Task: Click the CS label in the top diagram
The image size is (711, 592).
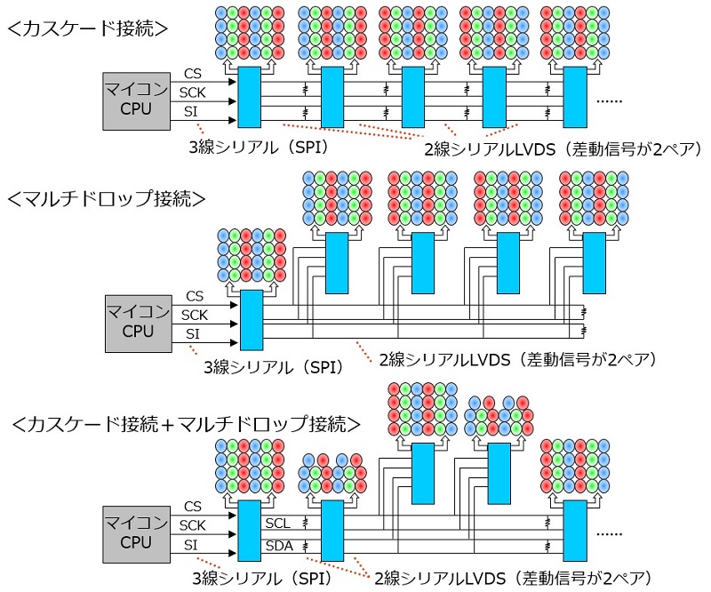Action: coord(192,72)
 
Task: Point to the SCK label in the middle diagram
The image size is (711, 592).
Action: coord(194,315)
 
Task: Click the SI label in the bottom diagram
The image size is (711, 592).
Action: coord(191,544)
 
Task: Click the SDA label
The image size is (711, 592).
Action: coord(277,544)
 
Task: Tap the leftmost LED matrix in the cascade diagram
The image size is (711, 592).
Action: coord(249,34)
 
